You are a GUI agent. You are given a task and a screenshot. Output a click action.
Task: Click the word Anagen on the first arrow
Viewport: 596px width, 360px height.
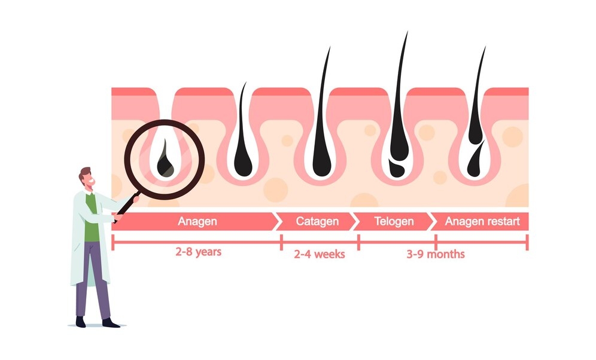pos(197,221)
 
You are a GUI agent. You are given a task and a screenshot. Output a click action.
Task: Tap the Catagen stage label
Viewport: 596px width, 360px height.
pos(317,221)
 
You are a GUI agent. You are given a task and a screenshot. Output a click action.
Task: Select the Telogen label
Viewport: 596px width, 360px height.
pos(394,221)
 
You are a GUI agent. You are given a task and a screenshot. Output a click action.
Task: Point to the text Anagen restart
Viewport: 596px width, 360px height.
pos(482,221)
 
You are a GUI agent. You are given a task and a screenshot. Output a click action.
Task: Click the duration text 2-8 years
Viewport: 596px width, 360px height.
pos(198,252)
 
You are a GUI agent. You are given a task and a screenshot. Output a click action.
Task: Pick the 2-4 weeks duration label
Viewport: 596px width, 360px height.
pos(320,254)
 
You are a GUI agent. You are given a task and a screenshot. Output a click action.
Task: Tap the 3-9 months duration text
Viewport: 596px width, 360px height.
pos(436,254)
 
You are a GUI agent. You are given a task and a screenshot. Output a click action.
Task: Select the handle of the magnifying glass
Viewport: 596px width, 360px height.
pos(127,208)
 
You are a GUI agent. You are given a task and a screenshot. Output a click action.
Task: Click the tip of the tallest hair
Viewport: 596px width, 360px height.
pos(408,32)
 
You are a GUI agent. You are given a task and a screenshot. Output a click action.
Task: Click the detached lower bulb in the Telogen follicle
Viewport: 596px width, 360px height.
pos(397,169)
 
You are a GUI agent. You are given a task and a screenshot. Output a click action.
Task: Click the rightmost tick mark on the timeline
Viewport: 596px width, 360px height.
pos(527,242)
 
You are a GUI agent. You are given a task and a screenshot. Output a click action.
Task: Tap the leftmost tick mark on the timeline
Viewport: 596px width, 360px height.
pos(113,242)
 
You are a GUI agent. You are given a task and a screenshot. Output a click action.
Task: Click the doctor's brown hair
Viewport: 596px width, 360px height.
pos(84,173)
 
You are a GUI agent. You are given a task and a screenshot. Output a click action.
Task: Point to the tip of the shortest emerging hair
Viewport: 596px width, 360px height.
pos(245,83)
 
